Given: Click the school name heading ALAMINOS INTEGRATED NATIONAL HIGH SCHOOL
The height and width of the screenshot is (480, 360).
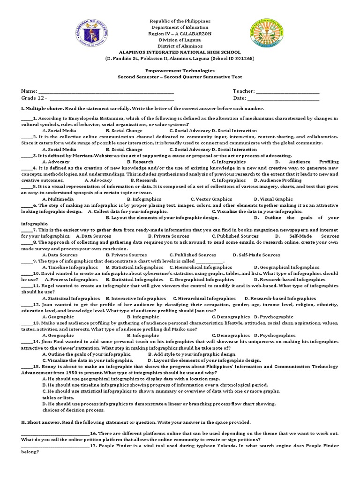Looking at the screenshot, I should coord(180,52).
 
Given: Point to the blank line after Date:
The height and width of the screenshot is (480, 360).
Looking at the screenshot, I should coord(283,98).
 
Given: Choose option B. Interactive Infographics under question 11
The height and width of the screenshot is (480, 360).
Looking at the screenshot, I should coord(135,298).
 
